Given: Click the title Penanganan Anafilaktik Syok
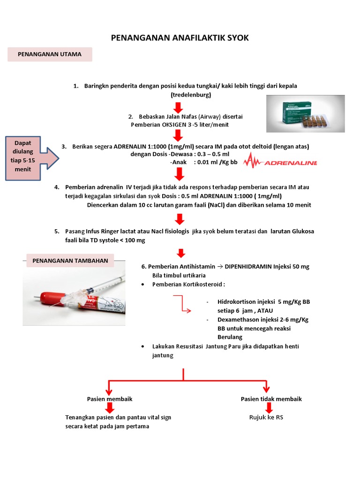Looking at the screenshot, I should (180, 38).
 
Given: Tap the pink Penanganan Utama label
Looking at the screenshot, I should (50, 54).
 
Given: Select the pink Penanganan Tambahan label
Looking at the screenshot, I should (70, 261).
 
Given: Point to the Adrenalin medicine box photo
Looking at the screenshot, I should (305, 113).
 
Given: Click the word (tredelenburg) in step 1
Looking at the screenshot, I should (191, 95).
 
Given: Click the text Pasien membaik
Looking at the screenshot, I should (110, 399).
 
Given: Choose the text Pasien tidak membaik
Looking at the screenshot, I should (271, 399).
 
